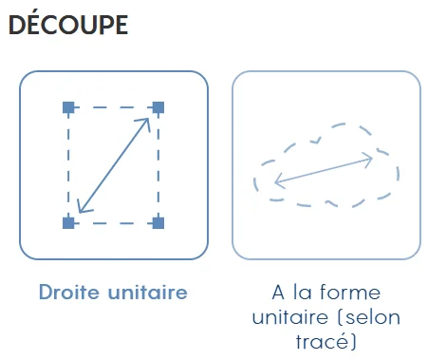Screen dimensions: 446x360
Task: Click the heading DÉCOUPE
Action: pyautogui.click(x=68, y=24)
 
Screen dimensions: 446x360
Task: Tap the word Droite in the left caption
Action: pyautogui.click(x=68, y=292)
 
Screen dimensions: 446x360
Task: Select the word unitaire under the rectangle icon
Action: pyautogui.click(x=148, y=292)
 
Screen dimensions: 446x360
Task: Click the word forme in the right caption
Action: pyautogui.click(x=350, y=292)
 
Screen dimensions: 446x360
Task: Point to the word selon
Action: pyautogui.click(x=373, y=317)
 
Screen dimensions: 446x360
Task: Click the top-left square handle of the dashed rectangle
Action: pyautogui.click(x=68, y=107)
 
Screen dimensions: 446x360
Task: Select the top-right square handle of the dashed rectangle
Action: pyautogui.click(x=158, y=107)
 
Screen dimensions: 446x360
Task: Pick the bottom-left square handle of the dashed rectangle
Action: pyautogui.click(x=68, y=223)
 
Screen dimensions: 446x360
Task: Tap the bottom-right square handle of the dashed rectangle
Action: pyautogui.click(x=158, y=223)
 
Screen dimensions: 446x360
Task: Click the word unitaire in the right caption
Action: pyautogui.click(x=289, y=317)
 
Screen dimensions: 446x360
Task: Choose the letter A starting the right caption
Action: pyautogui.click(x=278, y=293)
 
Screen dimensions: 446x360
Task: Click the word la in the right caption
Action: pyautogui.click(x=303, y=292)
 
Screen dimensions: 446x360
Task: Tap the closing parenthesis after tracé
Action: pyautogui.click(x=353, y=342)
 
